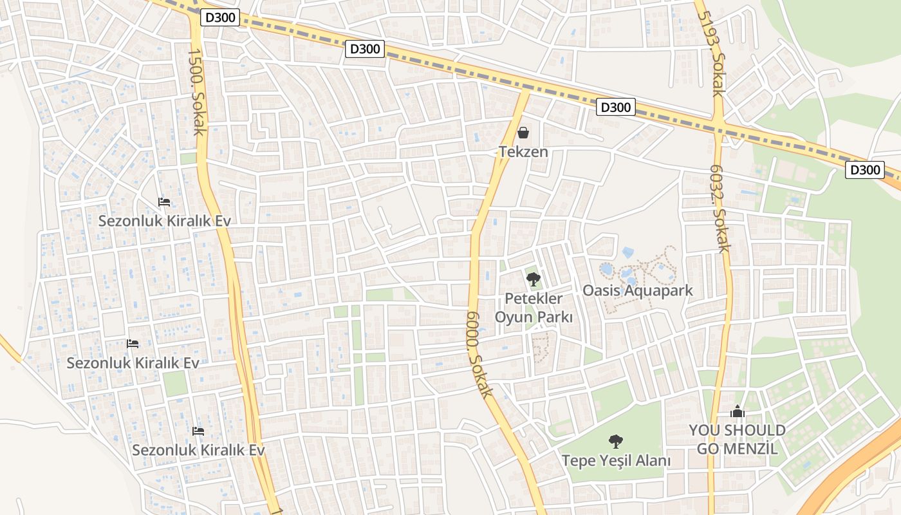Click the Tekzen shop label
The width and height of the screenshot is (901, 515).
point(523,152)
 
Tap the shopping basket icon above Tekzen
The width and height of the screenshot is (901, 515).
point(523,133)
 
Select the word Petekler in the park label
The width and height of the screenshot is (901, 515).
point(534,299)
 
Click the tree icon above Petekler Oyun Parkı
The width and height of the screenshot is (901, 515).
point(533,279)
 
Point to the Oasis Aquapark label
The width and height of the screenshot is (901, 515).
point(637,290)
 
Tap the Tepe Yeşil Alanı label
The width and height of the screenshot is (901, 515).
point(616,461)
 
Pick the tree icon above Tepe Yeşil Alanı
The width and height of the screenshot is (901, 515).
point(615,442)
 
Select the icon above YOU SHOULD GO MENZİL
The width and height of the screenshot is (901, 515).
point(737,411)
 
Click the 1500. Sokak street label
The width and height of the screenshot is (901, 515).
point(196,93)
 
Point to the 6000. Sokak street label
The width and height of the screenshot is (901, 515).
point(479,353)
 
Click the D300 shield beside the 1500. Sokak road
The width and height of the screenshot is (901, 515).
point(220,18)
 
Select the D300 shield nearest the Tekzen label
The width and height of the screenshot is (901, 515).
point(616,107)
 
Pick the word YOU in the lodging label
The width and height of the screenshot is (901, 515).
point(704,430)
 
